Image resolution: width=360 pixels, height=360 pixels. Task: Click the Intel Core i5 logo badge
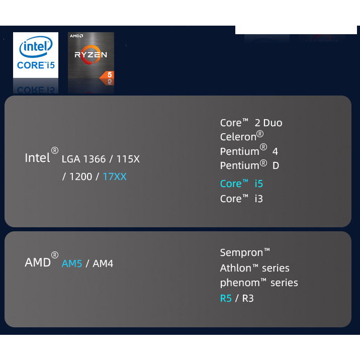[x=36, y=55]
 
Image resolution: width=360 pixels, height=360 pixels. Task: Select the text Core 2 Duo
[x=251, y=123]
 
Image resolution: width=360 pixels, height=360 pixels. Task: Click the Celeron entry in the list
[x=241, y=136]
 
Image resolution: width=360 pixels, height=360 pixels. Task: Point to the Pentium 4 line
[x=249, y=151]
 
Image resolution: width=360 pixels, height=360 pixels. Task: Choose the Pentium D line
[x=249, y=165]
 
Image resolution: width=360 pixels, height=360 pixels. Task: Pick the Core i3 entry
[x=241, y=199]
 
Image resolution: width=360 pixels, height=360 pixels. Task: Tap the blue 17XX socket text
[x=115, y=177]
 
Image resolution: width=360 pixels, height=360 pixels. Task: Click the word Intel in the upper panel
[x=38, y=158]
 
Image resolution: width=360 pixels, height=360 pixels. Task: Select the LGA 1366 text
[x=83, y=159]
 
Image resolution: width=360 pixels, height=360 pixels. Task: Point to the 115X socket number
[x=128, y=159]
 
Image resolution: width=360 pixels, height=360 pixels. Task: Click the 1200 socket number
[x=80, y=177]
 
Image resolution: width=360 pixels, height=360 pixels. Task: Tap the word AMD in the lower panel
[x=38, y=262]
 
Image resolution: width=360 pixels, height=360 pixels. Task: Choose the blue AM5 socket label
[x=72, y=263]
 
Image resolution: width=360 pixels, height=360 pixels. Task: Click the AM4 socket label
[x=103, y=263]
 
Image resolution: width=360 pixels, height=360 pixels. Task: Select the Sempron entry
[x=245, y=252]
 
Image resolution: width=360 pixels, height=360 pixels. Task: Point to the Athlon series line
[x=254, y=268]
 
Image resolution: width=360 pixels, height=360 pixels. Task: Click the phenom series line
[x=258, y=283]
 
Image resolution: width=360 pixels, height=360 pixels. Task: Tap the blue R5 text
[x=226, y=298]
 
